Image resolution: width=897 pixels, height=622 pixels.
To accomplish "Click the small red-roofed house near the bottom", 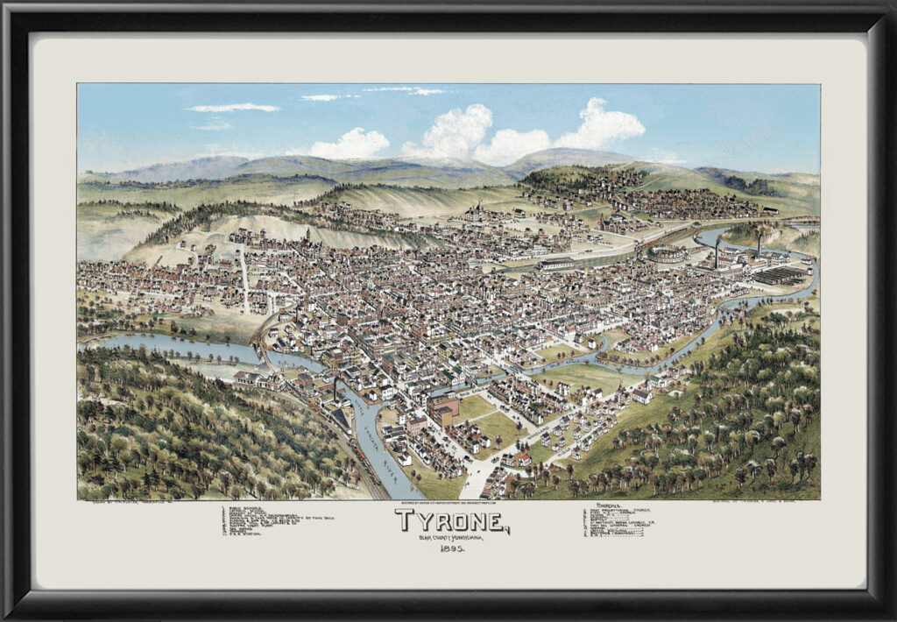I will click(523, 456).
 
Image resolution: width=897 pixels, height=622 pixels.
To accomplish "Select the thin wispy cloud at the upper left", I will click(232, 108).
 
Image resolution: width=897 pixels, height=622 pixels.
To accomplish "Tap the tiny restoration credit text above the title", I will click(448, 504).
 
